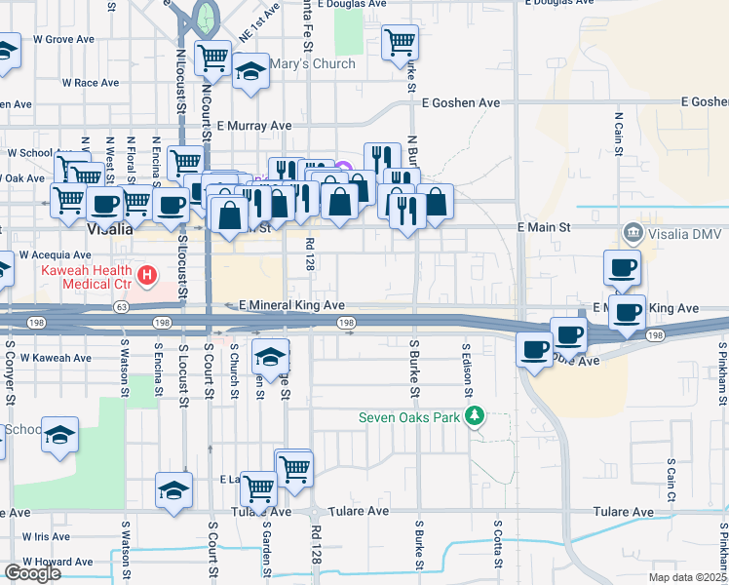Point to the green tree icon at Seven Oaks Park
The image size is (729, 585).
(x=476, y=417)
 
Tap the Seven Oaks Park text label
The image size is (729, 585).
(x=409, y=417)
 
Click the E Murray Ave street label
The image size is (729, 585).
(x=254, y=126)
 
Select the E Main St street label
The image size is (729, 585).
(x=542, y=226)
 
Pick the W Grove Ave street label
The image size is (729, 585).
(x=61, y=40)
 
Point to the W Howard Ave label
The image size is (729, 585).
(x=58, y=563)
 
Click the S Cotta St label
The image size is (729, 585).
(x=497, y=544)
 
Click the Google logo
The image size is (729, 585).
(x=32, y=573)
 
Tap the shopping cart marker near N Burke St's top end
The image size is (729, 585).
(x=400, y=43)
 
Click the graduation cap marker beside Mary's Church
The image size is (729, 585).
(x=250, y=71)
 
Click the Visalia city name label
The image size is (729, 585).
(x=109, y=229)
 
